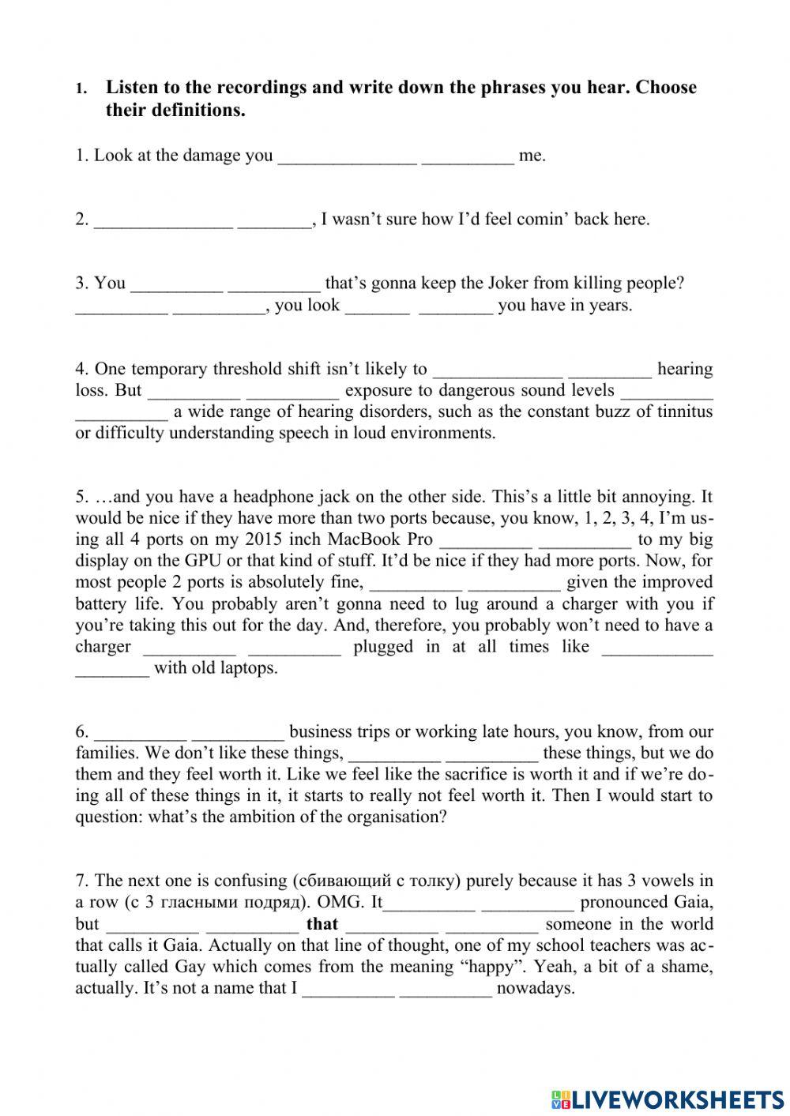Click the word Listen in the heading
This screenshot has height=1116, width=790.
(x=132, y=88)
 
